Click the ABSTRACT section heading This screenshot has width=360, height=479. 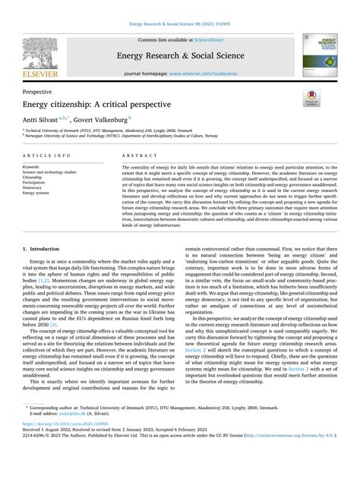135,154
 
